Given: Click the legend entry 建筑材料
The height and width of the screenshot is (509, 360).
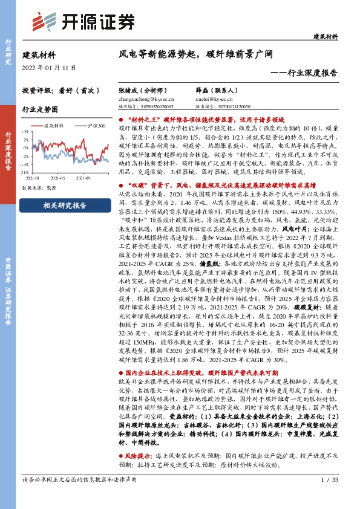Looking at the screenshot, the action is tap(53, 125).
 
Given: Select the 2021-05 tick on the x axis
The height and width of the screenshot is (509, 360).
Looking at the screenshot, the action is tap(58, 178).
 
